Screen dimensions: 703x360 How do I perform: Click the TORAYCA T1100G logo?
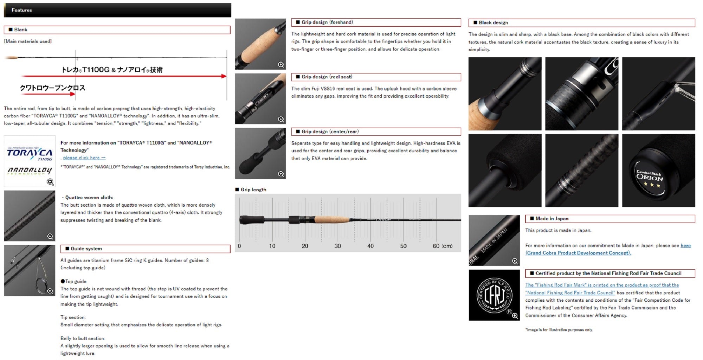(30, 154)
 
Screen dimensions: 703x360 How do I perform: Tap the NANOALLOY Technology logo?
(30, 171)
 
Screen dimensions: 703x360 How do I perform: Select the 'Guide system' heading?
(86, 249)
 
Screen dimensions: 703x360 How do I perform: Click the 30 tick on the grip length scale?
(337, 246)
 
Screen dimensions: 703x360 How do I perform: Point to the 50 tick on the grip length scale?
(403, 246)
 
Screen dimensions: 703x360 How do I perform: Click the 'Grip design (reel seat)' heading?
(327, 77)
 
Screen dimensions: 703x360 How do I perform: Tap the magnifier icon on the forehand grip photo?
(281, 65)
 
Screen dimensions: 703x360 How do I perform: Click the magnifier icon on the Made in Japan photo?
(515, 261)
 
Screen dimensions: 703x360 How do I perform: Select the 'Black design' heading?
(493, 22)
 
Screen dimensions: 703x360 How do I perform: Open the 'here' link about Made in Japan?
(685, 245)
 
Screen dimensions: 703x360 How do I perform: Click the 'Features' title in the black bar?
(22, 10)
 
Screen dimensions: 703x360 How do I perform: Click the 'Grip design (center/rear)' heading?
(330, 131)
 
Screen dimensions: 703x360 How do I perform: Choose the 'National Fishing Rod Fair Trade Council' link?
(570, 292)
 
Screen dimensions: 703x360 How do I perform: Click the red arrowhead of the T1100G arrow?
(224, 76)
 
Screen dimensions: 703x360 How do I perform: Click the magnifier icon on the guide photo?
(50, 291)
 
